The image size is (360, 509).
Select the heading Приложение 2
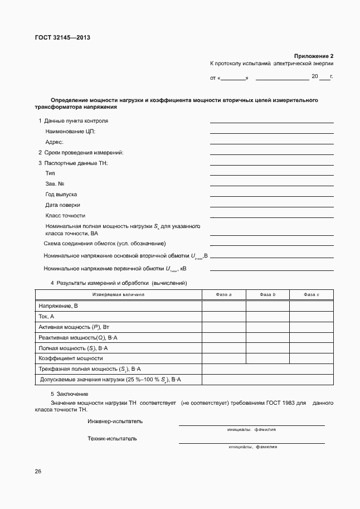click(314, 56)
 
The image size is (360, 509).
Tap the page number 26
click(38, 472)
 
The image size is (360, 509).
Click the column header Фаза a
click(223, 294)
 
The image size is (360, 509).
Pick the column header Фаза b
click(267, 294)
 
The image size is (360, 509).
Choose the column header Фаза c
click(312, 294)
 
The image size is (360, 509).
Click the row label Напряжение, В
click(58, 306)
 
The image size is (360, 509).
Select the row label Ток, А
click(46, 317)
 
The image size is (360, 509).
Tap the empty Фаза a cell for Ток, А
click(223, 317)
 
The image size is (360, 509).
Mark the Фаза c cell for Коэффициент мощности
click(312, 358)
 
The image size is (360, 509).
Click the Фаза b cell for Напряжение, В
click(267, 306)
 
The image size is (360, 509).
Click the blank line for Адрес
click(271, 143)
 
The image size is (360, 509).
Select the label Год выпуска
click(61, 195)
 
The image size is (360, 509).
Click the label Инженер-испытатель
click(115, 421)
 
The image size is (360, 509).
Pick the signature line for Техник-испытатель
click(251, 443)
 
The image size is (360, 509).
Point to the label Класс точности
click(65, 215)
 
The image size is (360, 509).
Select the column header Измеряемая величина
click(118, 294)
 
